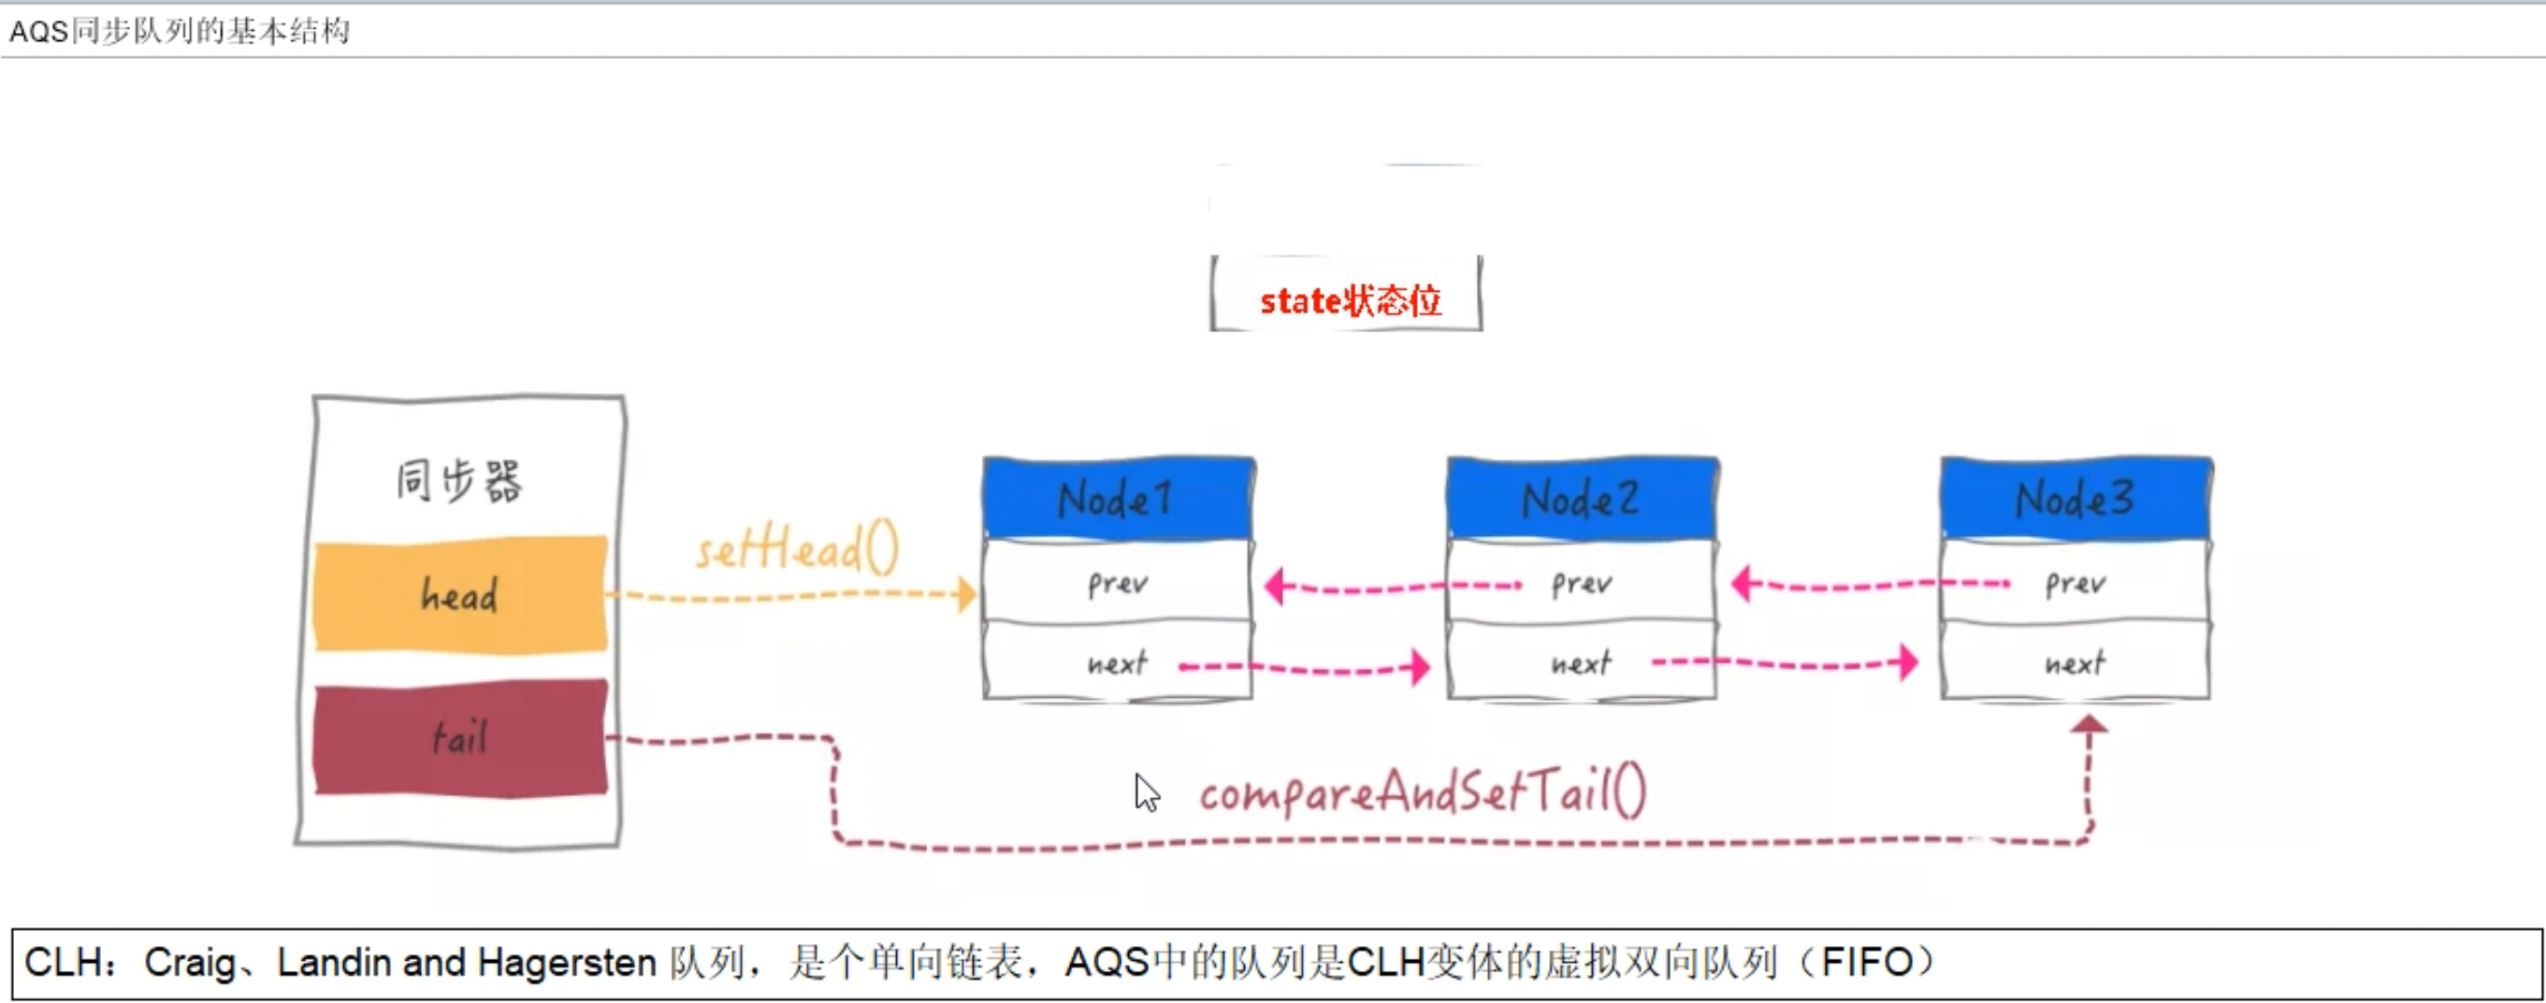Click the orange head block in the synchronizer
460,594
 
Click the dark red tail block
460,737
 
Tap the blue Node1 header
1118,498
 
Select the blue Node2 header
1582,498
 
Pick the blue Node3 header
2075,498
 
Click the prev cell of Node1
1118,583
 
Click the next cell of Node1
1118,663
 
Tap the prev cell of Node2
1582,583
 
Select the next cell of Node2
1582,663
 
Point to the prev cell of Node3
2075,583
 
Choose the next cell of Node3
2075,663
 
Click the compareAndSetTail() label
1423,792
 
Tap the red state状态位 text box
1349,299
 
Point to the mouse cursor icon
1146,792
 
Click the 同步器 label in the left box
458,481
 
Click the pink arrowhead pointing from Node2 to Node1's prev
1276,586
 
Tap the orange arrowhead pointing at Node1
965,595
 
